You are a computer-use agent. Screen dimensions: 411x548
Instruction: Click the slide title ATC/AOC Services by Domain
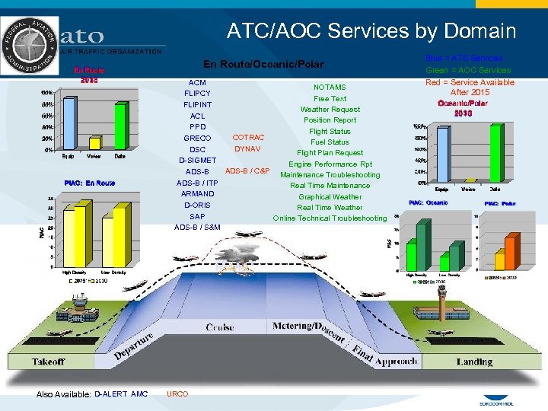pos(371,31)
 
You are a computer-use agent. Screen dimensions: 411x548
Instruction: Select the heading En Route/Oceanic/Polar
pos(263,65)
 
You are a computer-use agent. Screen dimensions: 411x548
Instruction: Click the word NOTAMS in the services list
pos(330,88)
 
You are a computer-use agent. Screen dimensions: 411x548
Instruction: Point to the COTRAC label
pos(248,137)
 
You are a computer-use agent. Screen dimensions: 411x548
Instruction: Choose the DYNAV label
pos(248,149)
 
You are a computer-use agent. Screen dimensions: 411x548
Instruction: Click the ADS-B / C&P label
pos(247,170)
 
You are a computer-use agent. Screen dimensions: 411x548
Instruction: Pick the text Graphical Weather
pos(330,196)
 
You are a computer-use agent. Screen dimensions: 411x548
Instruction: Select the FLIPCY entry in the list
pos(197,94)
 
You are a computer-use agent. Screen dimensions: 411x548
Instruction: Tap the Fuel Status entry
pos(330,142)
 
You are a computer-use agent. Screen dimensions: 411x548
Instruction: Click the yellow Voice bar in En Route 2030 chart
pos(94,142)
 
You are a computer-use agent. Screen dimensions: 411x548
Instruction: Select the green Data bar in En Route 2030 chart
pos(120,126)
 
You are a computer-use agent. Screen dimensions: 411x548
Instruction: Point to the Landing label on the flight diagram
pos(473,362)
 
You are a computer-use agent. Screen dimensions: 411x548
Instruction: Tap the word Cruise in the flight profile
pos(220,327)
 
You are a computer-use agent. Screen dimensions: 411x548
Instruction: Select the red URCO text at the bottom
pos(177,393)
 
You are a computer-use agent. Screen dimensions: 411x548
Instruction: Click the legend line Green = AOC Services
pos(468,70)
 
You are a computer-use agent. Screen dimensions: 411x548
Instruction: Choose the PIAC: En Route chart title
pos(90,183)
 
